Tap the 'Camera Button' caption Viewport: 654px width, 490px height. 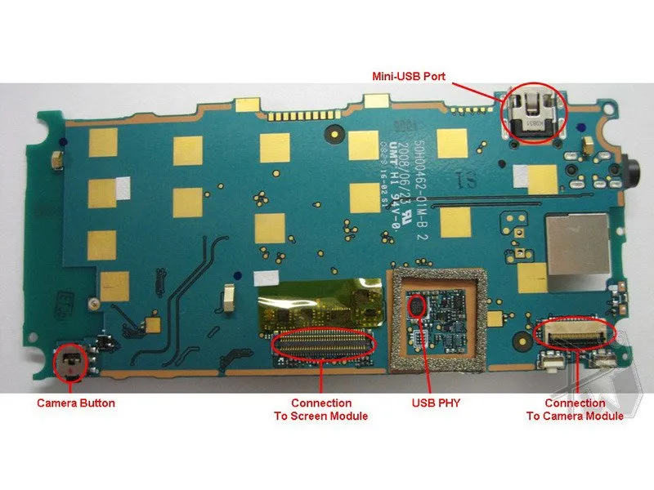tap(76, 403)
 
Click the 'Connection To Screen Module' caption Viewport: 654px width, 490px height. tap(321, 409)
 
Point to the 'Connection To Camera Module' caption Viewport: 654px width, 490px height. tap(575, 409)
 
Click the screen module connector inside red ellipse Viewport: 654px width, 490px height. tap(324, 341)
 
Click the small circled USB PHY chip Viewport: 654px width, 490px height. tap(418, 307)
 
